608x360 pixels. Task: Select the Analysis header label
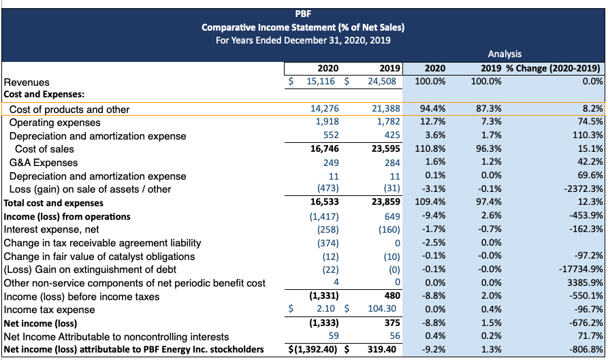point(505,54)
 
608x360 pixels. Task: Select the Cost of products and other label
point(69,109)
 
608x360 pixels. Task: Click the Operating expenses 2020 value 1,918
point(327,122)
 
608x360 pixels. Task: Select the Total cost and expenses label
point(54,203)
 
